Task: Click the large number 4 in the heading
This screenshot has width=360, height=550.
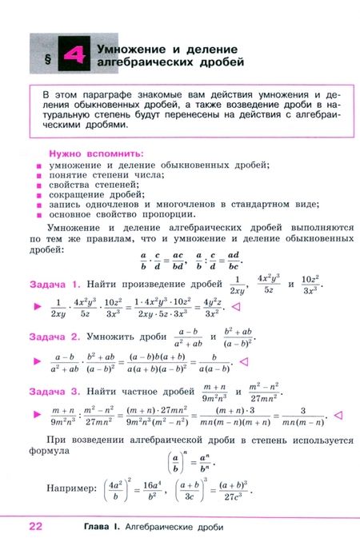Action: [74, 56]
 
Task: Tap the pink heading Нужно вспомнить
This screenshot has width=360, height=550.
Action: [96, 152]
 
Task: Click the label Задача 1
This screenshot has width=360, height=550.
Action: [54, 284]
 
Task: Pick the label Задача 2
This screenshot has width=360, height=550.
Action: [54, 337]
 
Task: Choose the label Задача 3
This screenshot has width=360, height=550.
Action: [54, 392]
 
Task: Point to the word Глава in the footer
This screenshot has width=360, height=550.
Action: [102, 528]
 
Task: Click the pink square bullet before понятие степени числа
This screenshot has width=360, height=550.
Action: [38, 175]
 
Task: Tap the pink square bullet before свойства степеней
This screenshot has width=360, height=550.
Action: [38, 185]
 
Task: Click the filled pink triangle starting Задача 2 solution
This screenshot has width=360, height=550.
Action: [35, 361]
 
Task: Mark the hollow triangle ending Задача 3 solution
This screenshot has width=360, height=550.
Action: [338, 414]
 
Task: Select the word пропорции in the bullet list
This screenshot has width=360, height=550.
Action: [170, 213]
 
